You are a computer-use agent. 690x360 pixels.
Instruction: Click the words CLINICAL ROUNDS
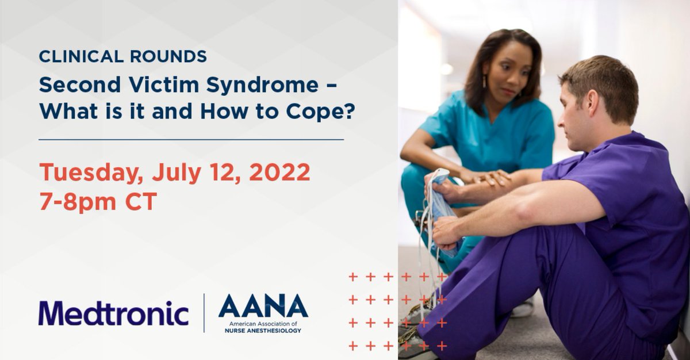122,56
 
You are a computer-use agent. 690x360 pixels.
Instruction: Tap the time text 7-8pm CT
98,202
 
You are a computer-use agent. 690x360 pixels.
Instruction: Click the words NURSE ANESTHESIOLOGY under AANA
263,331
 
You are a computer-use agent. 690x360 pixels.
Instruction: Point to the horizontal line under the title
191,139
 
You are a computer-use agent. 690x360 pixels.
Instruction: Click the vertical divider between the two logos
204,313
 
